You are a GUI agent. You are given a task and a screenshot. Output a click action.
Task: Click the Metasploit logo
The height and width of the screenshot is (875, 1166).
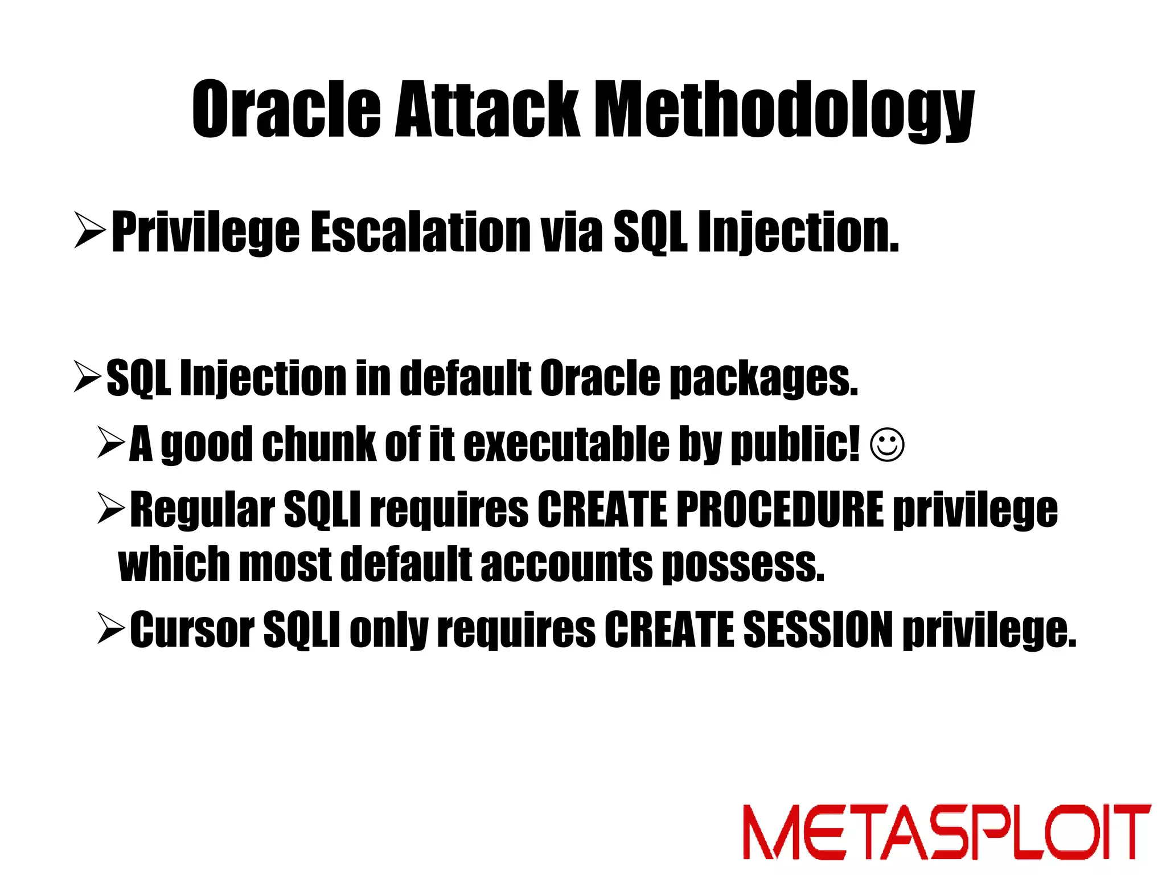(946, 832)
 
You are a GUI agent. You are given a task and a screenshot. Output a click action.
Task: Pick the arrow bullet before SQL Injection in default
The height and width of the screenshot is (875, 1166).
(88, 377)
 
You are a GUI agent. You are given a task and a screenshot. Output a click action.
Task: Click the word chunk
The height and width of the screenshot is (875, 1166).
(318, 444)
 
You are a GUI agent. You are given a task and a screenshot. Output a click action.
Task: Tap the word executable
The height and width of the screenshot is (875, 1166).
(567, 444)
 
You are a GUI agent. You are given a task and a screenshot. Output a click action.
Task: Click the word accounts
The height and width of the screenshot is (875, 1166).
(566, 564)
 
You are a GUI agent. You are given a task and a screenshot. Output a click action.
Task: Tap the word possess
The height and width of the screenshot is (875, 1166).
(744, 564)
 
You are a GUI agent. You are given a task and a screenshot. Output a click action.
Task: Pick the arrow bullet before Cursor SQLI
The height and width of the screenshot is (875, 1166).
(111, 628)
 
